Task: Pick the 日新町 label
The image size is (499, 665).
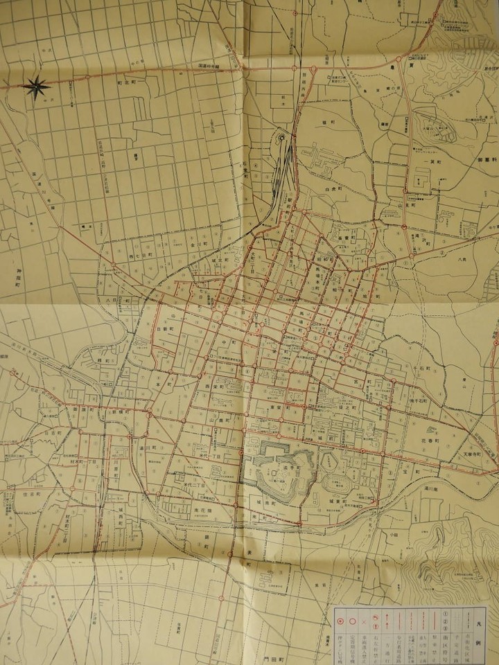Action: [164, 330]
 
